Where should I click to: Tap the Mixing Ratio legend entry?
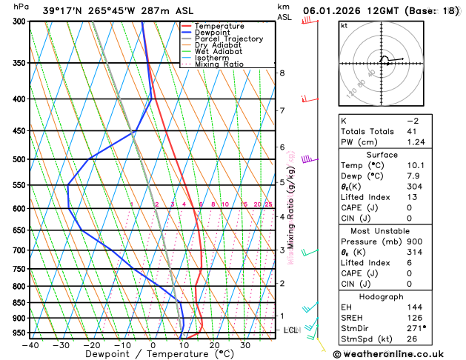tap(219, 64)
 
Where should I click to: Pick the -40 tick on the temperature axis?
tap(30, 345)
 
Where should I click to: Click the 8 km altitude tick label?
tap(282, 73)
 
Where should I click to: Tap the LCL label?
tap(290, 330)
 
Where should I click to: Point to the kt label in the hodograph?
tap(344, 25)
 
